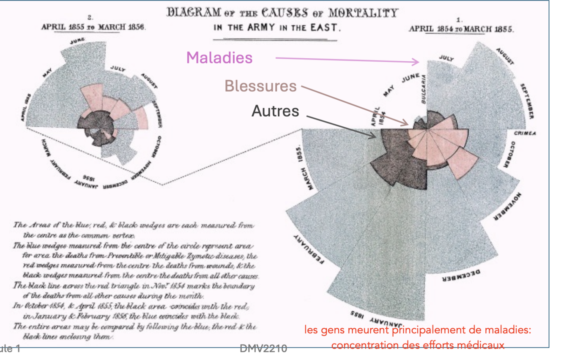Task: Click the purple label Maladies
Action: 219,57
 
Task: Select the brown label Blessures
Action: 260,86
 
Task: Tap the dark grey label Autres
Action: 275,111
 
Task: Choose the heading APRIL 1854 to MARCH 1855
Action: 461,29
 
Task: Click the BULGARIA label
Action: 424,89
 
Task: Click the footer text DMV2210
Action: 263,349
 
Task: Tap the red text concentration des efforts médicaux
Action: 418,345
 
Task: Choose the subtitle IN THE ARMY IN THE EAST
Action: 276,28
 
